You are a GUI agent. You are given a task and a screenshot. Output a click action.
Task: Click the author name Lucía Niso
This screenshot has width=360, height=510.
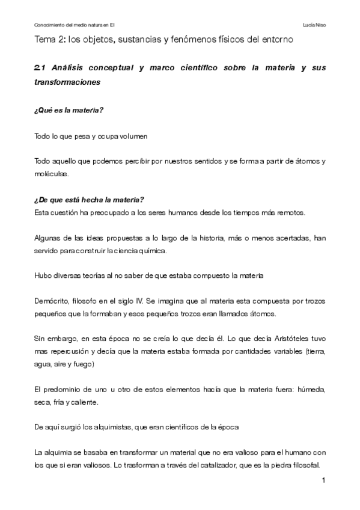314,25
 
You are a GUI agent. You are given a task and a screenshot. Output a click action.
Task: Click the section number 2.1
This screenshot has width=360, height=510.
39,68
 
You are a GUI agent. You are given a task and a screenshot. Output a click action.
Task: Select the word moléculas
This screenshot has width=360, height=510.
51,174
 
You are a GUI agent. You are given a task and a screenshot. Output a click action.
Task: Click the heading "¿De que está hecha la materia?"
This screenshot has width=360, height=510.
89,200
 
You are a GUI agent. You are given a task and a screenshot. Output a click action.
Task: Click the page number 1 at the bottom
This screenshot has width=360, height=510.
323,481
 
